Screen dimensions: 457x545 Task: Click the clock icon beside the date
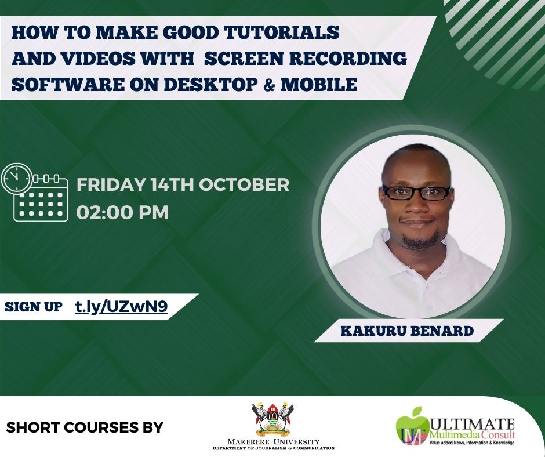click(x=17, y=179)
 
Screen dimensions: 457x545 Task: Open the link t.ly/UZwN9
click(x=122, y=307)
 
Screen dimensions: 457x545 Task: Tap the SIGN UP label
click(x=33, y=307)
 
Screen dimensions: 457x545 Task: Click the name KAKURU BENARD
click(x=406, y=331)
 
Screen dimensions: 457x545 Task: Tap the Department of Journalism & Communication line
click(x=273, y=448)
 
